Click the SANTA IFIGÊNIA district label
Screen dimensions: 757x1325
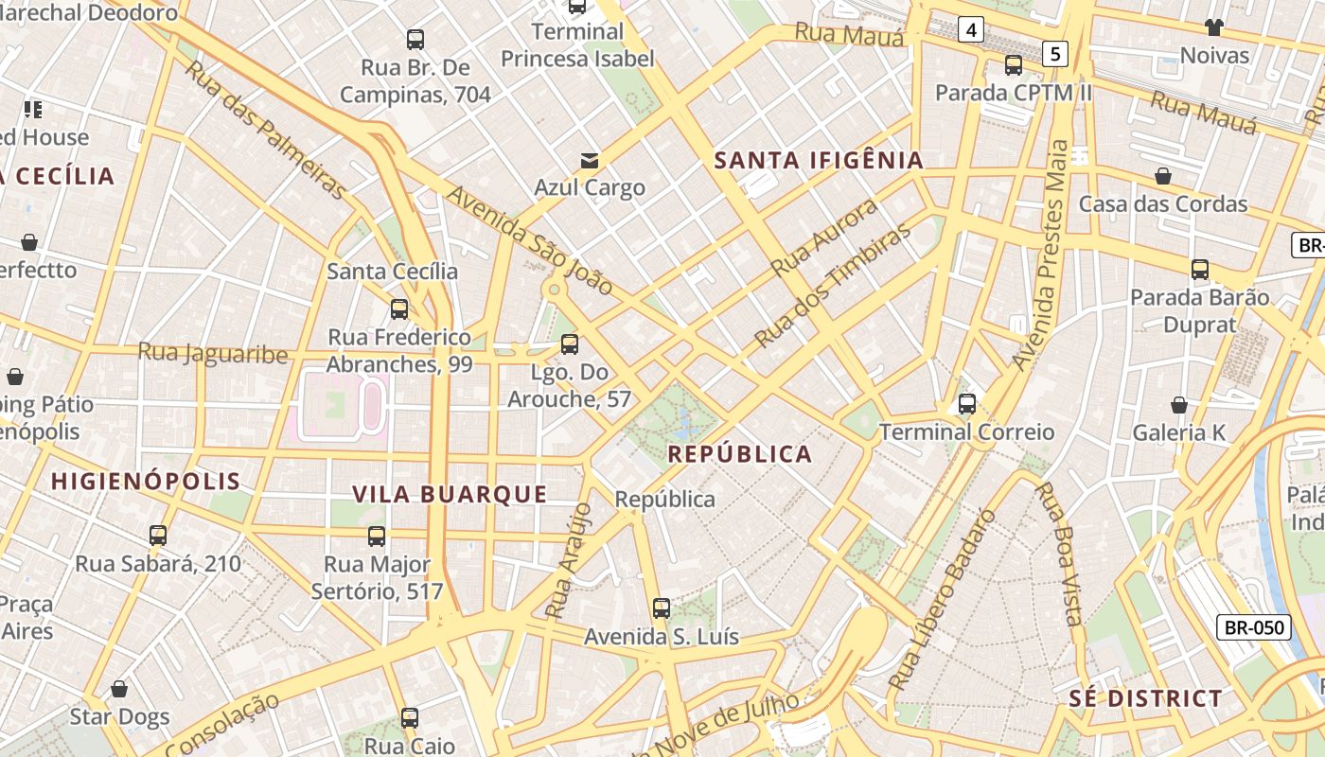coord(818,160)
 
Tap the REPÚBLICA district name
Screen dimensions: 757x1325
coord(740,454)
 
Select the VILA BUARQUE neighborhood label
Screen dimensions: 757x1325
coord(450,494)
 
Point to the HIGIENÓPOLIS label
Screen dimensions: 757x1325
coord(146,481)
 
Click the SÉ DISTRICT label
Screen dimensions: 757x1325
coord(1145,699)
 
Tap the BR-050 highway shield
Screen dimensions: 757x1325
coord(1254,626)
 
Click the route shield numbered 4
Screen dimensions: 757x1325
coord(970,30)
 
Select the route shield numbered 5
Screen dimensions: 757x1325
coord(1055,54)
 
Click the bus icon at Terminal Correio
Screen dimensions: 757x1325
coord(966,404)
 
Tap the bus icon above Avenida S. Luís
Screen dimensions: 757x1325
coord(662,608)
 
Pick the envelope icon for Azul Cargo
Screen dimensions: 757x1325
coord(590,160)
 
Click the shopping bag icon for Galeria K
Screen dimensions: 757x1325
coord(1179,405)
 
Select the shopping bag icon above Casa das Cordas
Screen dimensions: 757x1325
coord(1163,176)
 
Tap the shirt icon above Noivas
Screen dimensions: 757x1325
coord(1214,26)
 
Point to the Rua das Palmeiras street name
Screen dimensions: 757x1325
coord(266,130)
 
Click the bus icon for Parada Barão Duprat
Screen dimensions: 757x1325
coord(1200,270)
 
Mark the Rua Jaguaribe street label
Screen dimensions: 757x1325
coord(213,353)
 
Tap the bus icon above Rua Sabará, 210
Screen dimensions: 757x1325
coord(158,536)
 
